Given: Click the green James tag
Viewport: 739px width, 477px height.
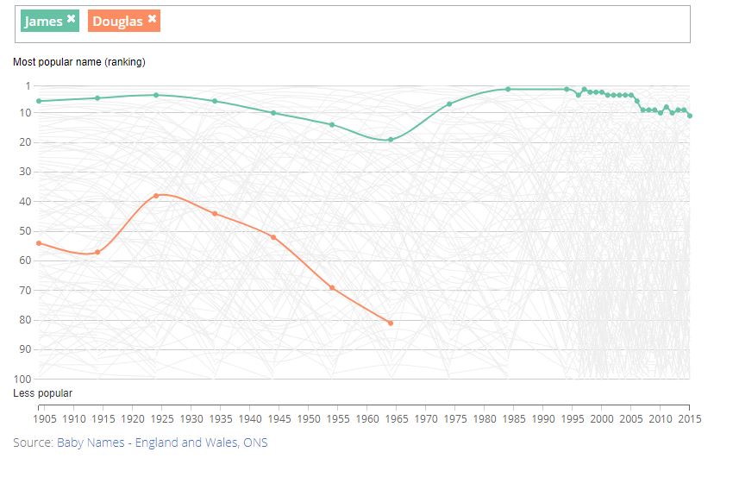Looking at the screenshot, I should pyautogui.click(x=43, y=21).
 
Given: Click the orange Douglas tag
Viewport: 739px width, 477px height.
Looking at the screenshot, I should pyautogui.click(x=117, y=21).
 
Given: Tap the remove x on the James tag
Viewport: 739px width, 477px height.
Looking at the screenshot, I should pyautogui.click(x=72, y=19).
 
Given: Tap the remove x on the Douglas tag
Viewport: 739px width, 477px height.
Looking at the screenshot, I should pyautogui.click(x=152, y=19).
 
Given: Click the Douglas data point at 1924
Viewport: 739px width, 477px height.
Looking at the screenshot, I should pyautogui.click(x=156, y=196).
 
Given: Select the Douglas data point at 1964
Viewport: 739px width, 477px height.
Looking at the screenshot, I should pyautogui.click(x=391, y=323).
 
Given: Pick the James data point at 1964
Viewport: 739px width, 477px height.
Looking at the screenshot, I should pyautogui.click(x=391, y=140).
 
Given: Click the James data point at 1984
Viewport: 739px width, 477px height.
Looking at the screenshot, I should pyautogui.click(x=508, y=89).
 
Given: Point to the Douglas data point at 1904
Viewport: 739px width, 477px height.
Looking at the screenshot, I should pyautogui.click(x=39, y=243).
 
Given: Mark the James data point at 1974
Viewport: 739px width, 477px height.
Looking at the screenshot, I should pyautogui.click(x=449, y=104).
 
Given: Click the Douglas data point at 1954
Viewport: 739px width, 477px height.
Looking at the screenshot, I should pyautogui.click(x=332, y=287).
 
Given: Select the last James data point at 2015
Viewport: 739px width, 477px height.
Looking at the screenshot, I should pyautogui.click(x=690, y=116).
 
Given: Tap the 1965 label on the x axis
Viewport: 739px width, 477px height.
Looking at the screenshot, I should pyautogui.click(x=397, y=419).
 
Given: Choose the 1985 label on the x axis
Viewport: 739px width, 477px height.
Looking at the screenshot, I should pyautogui.click(x=514, y=419).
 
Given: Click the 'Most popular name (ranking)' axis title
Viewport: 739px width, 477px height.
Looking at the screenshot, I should pyautogui.click(x=78, y=62).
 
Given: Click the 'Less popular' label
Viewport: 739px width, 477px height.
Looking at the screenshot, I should pyautogui.click(x=42, y=393).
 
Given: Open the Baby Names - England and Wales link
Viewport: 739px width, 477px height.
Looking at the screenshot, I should pyautogui.click(x=162, y=443).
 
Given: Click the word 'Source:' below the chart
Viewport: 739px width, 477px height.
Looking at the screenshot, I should pyautogui.click(x=33, y=443).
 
